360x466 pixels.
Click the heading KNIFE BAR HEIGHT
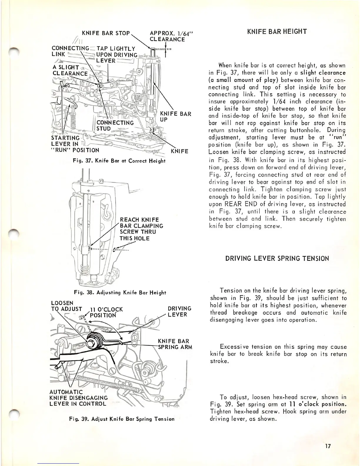(x=277, y=31)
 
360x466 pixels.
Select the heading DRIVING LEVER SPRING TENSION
(x=277, y=259)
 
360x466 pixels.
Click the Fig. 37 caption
(x=120, y=161)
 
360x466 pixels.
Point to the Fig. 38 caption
(x=120, y=293)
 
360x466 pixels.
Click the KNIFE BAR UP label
(x=175, y=117)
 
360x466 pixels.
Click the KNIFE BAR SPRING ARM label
(x=175, y=344)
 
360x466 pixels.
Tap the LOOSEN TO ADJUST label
(x=66, y=306)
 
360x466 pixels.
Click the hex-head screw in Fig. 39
(x=90, y=343)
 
